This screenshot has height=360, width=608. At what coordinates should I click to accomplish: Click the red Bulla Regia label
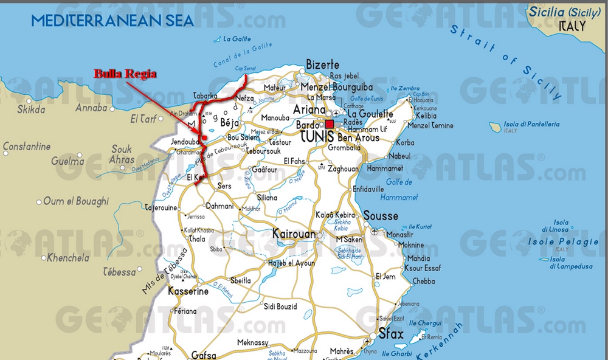click(x=125, y=74)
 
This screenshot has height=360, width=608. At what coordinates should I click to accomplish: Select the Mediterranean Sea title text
click(x=113, y=21)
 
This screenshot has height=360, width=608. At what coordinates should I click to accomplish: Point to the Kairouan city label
click(x=294, y=234)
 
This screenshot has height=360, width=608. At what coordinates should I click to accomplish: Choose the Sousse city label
click(x=381, y=216)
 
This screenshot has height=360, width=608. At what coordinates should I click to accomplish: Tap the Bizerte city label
click(x=322, y=64)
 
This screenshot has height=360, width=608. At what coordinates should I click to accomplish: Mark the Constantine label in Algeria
click(x=27, y=147)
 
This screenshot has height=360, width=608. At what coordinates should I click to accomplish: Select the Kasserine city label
click(x=188, y=291)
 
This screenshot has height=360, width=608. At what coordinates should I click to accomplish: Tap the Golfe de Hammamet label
click(x=399, y=190)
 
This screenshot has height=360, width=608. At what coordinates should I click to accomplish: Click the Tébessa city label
click(x=120, y=271)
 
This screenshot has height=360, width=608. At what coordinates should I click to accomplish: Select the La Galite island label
click(x=237, y=40)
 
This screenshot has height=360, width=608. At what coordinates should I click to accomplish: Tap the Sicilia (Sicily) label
click(x=565, y=12)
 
